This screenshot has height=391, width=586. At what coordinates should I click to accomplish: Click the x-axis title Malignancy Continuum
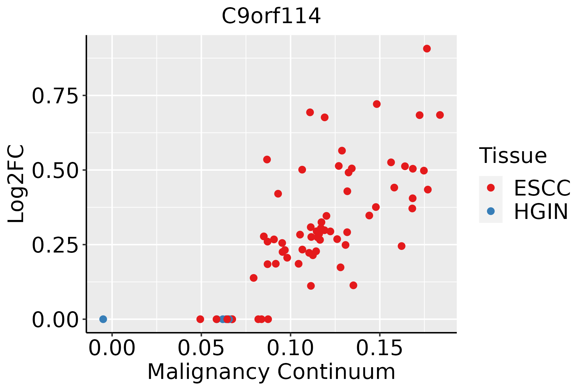271,372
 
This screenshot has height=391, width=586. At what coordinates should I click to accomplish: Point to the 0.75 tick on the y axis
55,96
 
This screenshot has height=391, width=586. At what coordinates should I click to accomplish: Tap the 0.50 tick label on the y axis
55,171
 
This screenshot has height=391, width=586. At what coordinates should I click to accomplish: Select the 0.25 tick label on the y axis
55,246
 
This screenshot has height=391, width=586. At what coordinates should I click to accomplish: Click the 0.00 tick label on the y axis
55,320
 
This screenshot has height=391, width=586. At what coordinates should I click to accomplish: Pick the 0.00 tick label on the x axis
112,348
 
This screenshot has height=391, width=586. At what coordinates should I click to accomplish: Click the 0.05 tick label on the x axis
201,348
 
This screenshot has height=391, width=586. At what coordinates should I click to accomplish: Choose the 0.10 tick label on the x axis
290,348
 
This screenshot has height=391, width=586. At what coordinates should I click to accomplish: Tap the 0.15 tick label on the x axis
380,348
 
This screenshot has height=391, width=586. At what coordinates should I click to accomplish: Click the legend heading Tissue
513,156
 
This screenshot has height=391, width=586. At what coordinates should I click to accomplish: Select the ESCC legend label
542,188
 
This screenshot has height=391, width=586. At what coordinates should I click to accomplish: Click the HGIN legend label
541,212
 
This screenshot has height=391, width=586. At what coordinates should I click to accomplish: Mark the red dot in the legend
491,187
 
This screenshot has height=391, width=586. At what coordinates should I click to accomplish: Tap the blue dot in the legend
491,211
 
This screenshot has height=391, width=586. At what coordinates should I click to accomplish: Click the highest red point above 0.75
427,49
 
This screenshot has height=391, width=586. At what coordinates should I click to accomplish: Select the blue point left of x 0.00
103,319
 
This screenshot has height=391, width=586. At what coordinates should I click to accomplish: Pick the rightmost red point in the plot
440,115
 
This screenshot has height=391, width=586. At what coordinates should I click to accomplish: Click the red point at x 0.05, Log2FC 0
200,319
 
